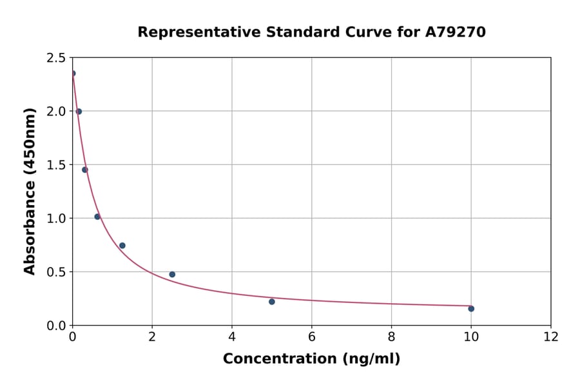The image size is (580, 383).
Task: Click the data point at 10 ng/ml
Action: click(x=471, y=309)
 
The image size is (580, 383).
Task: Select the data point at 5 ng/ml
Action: click(x=272, y=302)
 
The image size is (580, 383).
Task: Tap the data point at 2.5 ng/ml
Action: click(x=172, y=275)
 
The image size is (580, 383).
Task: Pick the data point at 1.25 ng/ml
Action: click(x=122, y=246)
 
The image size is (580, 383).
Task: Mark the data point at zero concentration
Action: click(x=73, y=74)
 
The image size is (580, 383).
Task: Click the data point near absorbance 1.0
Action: click(x=97, y=217)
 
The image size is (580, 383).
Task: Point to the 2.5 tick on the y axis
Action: click(x=56, y=58)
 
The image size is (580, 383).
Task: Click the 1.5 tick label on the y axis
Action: click(x=56, y=165)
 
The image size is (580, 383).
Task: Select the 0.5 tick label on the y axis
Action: click(x=56, y=272)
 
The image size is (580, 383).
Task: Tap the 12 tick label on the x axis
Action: click(x=551, y=337)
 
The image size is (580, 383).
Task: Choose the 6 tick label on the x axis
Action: click(x=311, y=337)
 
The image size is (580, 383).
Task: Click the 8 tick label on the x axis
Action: click(x=391, y=337)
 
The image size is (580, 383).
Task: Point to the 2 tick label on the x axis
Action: click(x=152, y=337)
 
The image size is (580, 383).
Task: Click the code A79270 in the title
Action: click(x=456, y=32)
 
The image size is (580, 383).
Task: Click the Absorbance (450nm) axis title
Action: click(x=30, y=191)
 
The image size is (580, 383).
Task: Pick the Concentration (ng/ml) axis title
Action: click(x=311, y=359)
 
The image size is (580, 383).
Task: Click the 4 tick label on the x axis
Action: click(x=232, y=337)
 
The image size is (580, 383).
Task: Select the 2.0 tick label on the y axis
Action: click(x=56, y=112)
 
